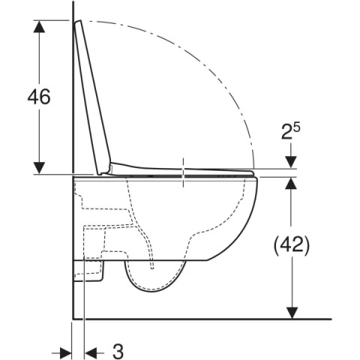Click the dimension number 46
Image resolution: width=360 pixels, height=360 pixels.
[x=39, y=97]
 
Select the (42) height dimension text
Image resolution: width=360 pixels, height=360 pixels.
[x=292, y=245]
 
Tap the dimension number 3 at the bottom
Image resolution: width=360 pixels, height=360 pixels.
[x=118, y=352]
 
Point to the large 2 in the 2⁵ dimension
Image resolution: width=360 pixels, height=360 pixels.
[x=286, y=133]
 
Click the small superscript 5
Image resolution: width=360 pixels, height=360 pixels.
[x=297, y=127]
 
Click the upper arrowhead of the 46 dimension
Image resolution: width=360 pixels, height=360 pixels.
[x=39, y=26]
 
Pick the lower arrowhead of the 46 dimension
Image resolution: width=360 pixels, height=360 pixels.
[x=39, y=168]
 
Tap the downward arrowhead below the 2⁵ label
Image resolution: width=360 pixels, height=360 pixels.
[x=291, y=162]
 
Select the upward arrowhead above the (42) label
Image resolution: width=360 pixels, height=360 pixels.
[x=291, y=183]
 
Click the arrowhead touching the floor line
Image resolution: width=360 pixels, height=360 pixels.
[x=291, y=313]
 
